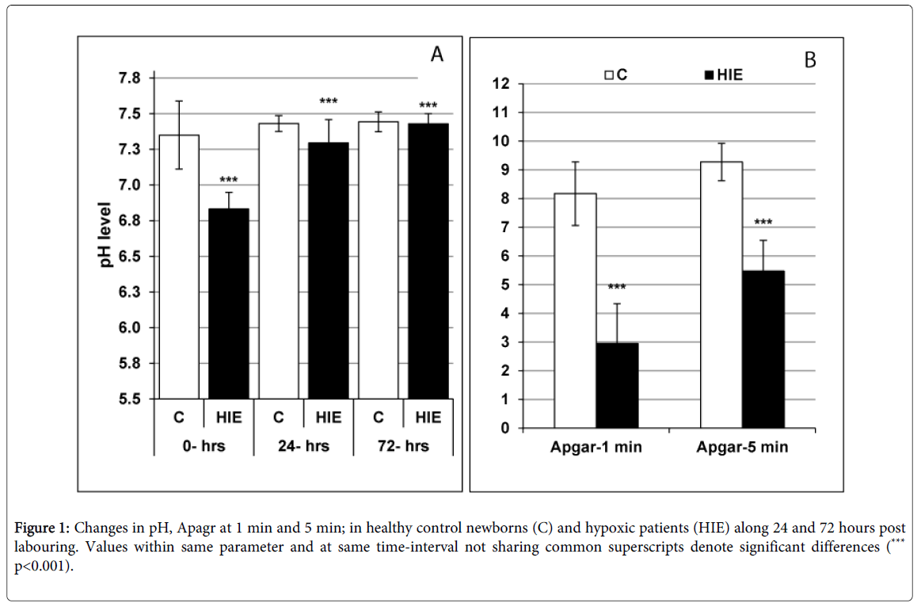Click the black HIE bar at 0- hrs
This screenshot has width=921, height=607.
pos(229,303)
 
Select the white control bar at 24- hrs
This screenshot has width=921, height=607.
pos(279,261)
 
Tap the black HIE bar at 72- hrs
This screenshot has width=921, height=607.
pos(428,261)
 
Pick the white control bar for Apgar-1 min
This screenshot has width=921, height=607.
pos(575,311)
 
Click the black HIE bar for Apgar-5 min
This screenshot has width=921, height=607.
pos(763,349)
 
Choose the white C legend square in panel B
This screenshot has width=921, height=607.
pos(608,75)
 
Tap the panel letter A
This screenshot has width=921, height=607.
pos(436,55)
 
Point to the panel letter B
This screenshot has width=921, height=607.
pos(809,59)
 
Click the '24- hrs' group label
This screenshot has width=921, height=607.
pos(303,446)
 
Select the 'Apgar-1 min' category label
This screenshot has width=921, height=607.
pos(596,448)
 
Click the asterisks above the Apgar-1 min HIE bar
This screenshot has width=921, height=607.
pos(617,288)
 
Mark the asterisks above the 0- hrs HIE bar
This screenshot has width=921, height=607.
pos(229,181)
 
